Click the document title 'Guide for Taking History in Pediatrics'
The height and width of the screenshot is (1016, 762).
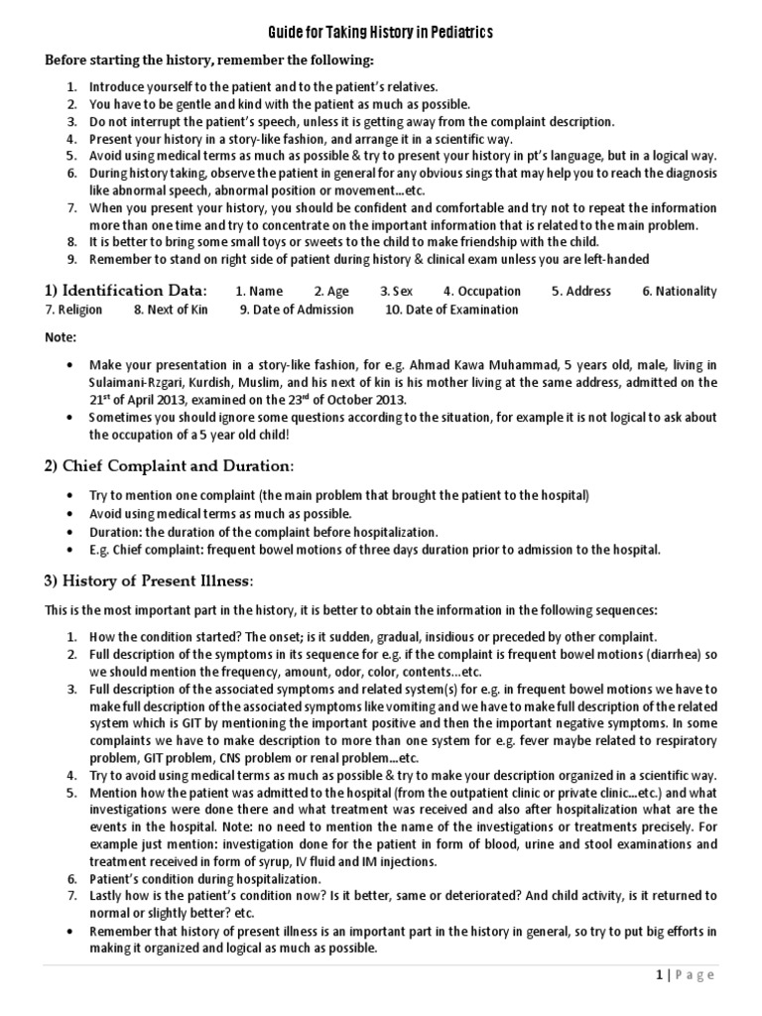[381, 34]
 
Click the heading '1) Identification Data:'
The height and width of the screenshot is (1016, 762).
[125, 291]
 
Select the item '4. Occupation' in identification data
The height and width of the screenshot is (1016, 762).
[481, 292]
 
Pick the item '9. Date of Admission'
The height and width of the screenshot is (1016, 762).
[296, 310]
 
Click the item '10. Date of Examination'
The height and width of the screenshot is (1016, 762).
[451, 310]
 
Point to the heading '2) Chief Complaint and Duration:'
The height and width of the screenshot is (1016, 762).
[168, 466]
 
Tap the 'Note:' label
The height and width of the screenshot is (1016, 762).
[61, 338]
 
